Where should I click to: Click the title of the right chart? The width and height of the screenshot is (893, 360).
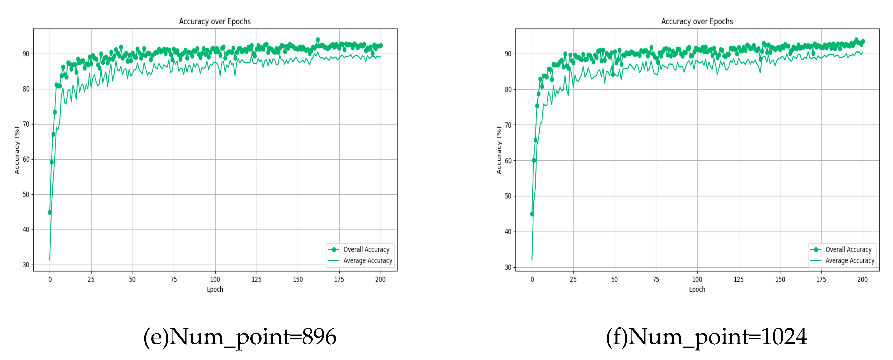click(x=697, y=22)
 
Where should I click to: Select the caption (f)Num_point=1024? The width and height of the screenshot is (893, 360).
click(x=706, y=336)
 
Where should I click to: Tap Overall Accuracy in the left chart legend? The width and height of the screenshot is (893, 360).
click(x=366, y=249)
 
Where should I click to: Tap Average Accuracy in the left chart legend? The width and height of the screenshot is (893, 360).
click(x=367, y=261)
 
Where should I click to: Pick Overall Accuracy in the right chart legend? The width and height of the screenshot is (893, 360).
click(x=848, y=249)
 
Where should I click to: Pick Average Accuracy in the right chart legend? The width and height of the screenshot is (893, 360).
click(x=850, y=261)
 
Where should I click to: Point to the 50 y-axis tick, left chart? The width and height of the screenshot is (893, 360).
click(x=26, y=194)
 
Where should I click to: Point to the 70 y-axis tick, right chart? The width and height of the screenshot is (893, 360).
click(x=508, y=125)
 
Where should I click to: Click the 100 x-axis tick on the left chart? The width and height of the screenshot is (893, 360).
click(x=215, y=279)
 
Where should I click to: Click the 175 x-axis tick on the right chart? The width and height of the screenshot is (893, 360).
click(x=821, y=279)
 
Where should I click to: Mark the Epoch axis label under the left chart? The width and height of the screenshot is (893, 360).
click(x=215, y=289)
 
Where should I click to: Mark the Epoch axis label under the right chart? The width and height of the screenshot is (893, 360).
click(x=697, y=289)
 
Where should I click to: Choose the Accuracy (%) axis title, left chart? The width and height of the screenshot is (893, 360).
click(x=17, y=150)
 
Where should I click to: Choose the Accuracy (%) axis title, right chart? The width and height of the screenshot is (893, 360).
click(x=499, y=150)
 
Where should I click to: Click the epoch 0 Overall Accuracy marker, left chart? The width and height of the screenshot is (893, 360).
click(x=50, y=212)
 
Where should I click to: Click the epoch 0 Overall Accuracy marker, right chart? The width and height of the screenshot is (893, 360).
click(x=532, y=214)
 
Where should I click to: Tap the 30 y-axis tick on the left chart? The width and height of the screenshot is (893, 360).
click(x=26, y=265)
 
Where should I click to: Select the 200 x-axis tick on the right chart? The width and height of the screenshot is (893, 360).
click(x=862, y=279)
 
